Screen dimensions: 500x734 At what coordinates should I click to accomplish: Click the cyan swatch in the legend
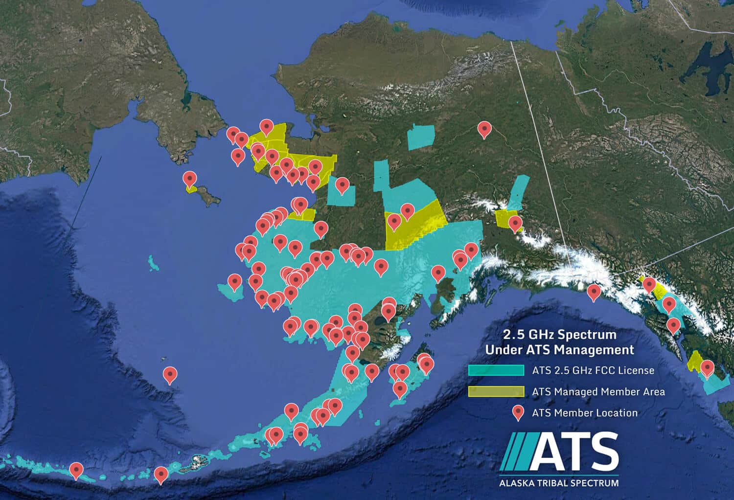[x=496, y=370]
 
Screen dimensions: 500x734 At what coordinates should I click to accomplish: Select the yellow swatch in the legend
[x=496, y=391]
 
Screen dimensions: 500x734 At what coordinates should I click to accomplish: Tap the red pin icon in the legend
[x=518, y=413]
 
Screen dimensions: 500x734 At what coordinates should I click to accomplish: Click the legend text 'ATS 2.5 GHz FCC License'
[x=593, y=370]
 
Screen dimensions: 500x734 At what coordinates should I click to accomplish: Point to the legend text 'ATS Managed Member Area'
[x=598, y=392]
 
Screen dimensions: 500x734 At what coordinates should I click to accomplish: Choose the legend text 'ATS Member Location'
[x=585, y=413]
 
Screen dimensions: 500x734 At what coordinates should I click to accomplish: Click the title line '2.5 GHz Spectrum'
[x=560, y=335]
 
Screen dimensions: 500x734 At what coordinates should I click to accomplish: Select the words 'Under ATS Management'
[x=559, y=350]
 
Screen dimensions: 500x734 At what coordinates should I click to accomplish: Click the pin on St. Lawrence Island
[x=190, y=179]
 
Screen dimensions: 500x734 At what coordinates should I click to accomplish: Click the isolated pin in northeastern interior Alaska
[x=484, y=129]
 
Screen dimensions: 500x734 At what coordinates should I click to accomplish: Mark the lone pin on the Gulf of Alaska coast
[x=594, y=292]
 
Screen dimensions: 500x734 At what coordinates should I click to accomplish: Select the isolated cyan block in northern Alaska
[x=421, y=136]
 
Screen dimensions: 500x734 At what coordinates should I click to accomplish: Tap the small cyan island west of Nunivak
[x=154, y=263]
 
